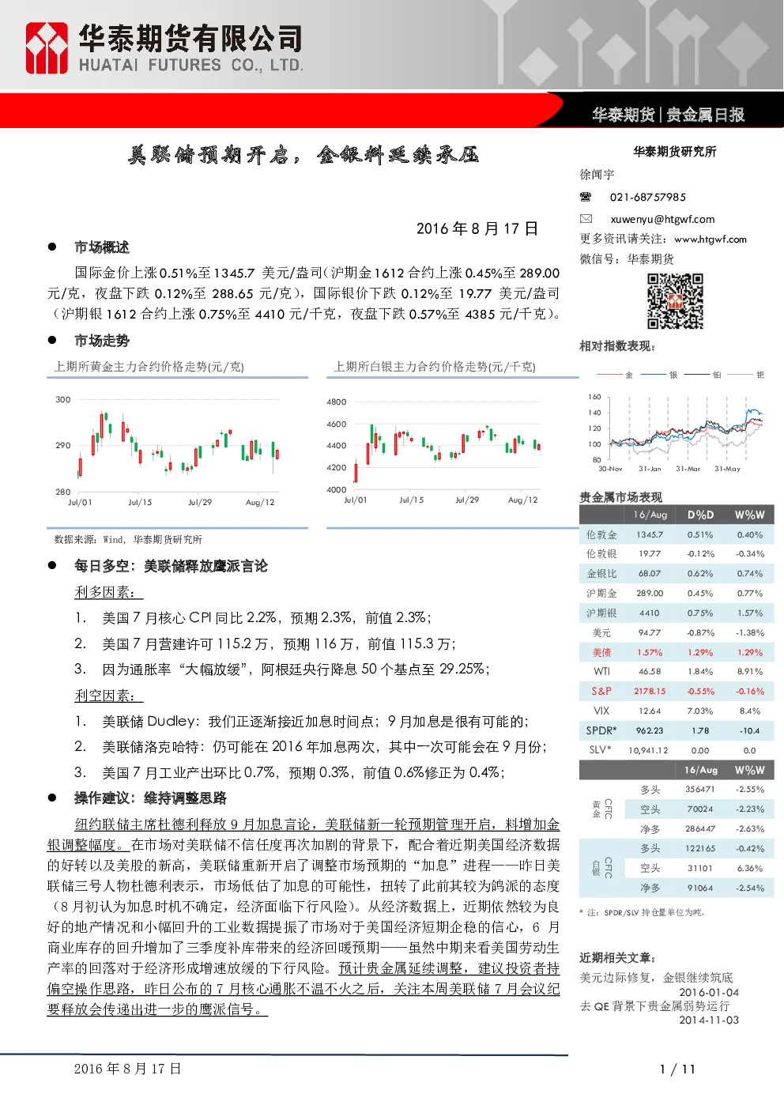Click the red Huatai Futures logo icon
[47, 48]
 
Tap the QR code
[675, 301]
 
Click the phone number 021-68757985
[647, 197]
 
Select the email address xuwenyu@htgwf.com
[662, 219]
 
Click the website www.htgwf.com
[710, 240]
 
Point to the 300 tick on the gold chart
[63, 399]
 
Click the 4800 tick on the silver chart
[337, 402]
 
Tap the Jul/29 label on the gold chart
[200, 502]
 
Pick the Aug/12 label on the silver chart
[522, 500]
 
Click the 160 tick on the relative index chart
[594, 397]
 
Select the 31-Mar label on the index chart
[688, 469]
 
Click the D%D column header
[700, 515]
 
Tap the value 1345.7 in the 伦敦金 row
[650, 534]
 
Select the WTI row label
[602, 671]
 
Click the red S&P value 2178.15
[650, 691]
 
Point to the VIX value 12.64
[650, 711]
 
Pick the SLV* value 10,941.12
[648, 751]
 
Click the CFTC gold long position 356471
[700, 789]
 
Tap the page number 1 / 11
[677, 1069]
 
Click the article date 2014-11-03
[709, 1020]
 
